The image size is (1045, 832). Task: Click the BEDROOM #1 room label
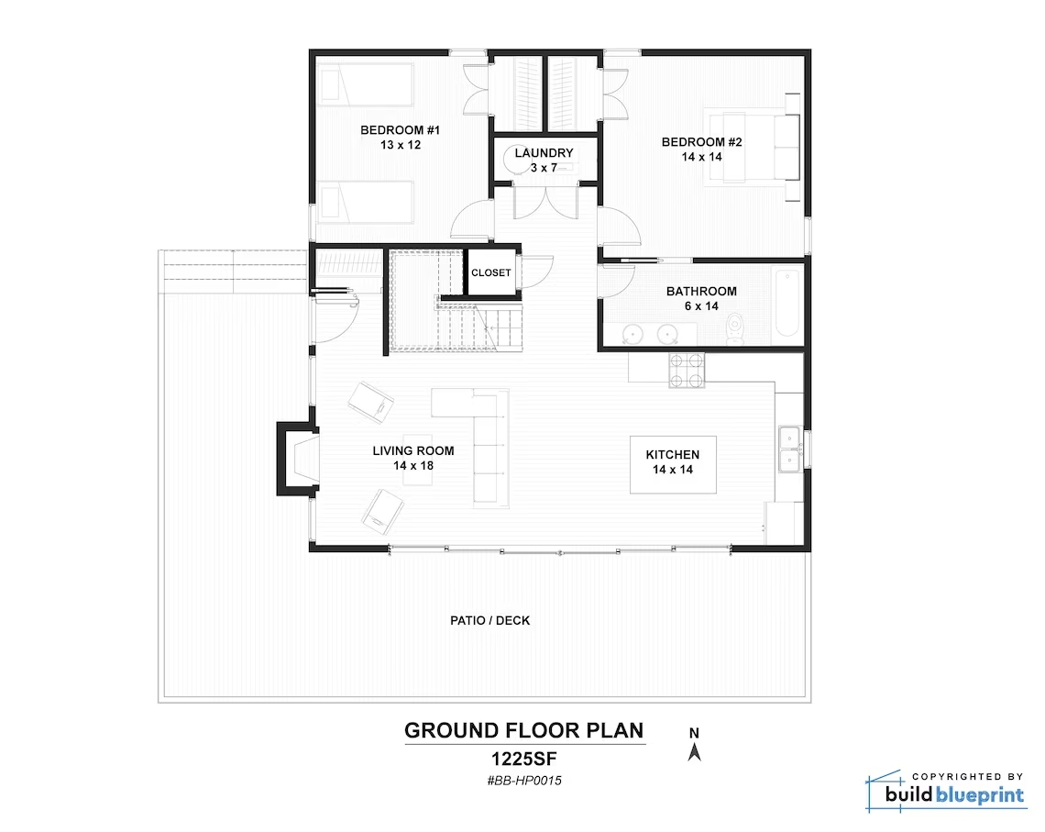(x=400, y=130)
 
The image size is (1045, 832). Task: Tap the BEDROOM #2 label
(x=701, y=142)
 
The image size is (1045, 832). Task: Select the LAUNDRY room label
(x=544, y=152)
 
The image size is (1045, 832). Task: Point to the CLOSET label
(x=491, y=272)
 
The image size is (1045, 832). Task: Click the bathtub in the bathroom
(x=787, y=303)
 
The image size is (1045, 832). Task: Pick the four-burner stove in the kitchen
(x=687, y=370)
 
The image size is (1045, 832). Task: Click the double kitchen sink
(x=790, y=449)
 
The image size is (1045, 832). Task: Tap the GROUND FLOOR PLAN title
(x=523, y=731)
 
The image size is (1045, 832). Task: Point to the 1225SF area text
(x=523, y=759)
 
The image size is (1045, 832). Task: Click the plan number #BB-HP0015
(x=523, y=781)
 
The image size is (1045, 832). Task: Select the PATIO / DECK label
(x=489, y=621)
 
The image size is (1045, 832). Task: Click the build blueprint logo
(x=946, y=792)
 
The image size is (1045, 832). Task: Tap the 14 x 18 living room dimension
(x=413, y=465)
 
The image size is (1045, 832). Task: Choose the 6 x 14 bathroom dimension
(x=701, y=306)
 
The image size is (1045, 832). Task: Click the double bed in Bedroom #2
(x=753, y=148)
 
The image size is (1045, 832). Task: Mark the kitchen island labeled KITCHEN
(x=673, y=465)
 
